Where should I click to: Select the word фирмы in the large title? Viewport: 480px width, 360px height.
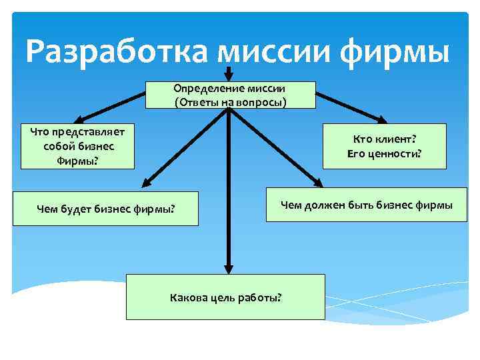pyautogui.click(x=399, y=51)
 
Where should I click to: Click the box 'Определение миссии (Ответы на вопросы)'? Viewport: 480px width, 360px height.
pyautogui.click(x=229, y=95)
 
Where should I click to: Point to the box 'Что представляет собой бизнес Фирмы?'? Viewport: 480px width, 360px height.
pyautogui.click(x=77, y=146)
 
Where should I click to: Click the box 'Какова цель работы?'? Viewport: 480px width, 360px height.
pyautogui.click(x=225, y=296)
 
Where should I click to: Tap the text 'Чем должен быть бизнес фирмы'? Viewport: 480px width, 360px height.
pyautogui.click(x=366, y=205)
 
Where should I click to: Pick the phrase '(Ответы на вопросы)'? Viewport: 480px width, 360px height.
pyautogui.click(x=229, y=102)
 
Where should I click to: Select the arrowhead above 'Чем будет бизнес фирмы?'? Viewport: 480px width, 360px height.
pyautogui.click(x=147, y=181)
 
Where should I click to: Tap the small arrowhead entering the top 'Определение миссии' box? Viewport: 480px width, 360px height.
pyautogui.click(x=229, y=75)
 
